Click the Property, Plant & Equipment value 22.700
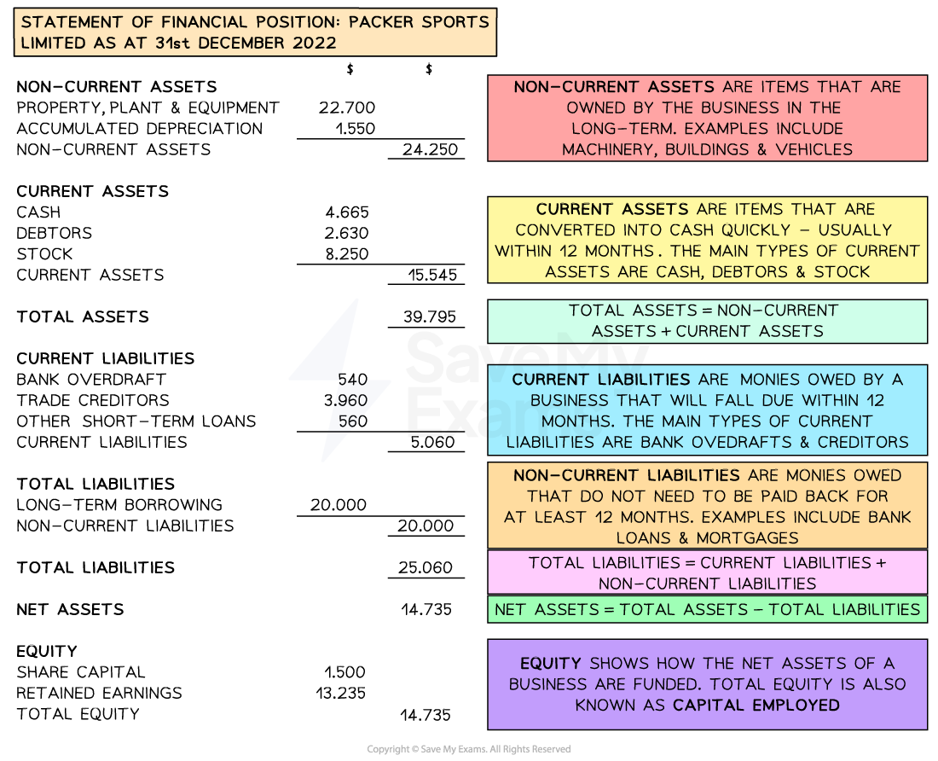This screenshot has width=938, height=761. click(x=347, y=107)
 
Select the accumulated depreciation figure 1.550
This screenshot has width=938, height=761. click(x=356, y=129)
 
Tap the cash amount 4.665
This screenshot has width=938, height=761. click(x=347, y=212)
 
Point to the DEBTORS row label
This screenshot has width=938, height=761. click(x=55, y=233)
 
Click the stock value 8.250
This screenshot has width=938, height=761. click(x=347, y=254)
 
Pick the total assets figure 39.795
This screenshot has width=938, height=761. click(x=430, y=317)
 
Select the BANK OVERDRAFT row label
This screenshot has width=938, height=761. click(x=91, y=380)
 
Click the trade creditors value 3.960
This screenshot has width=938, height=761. click(x=345, y=400)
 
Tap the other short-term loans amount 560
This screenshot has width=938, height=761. click(x=353, y=421)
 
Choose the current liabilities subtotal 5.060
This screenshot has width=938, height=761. click(x=432, y=442)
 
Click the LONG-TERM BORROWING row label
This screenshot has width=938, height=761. click(x=119, y=505)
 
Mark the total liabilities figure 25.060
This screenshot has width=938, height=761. click(x=426, y=567)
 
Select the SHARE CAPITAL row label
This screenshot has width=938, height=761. click(x=81, y=672)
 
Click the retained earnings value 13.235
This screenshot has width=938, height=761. click(x=340, y=693)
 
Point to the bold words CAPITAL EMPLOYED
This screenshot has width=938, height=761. click(x=756, y=706)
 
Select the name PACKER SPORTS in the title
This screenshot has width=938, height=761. click(x=419, y=22)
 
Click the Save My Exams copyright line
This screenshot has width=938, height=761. click(x=469, y=749)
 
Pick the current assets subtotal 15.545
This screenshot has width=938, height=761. click(x=432, y=276)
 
